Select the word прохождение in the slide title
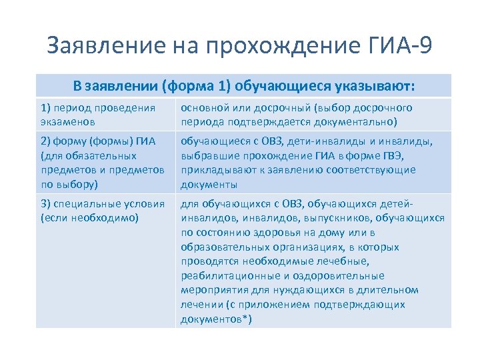[273, 45]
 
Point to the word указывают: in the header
[377, 86]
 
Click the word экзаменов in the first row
[67, 121]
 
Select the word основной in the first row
[202, 108]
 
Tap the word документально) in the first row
[356, 121]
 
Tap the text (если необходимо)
[89, 217]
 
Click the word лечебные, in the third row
[335, 261]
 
